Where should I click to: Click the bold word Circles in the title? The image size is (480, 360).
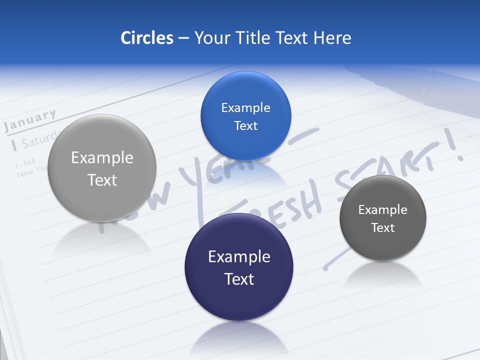click(x=146, y=37)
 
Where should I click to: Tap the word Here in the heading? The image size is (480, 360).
click(x=332, y=37)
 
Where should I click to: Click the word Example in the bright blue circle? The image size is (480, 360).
click(x=245, y=107)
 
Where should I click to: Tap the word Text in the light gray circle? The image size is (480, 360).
click(x=102, y=180)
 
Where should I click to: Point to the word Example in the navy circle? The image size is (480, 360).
click(x=239, y=257)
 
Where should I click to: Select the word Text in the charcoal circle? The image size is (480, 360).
click(x=383, y=228)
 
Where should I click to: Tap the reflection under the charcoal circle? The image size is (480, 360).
click(x=383, y=275)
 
